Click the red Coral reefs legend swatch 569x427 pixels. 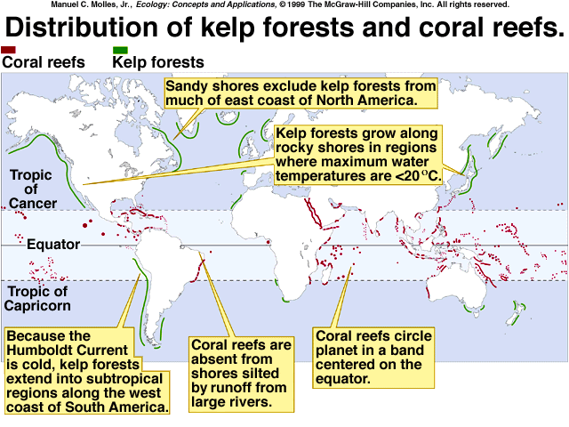(x=8, y=50)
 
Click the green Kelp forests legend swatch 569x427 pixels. (x=120, y=50)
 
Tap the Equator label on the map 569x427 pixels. (x=53, y=245)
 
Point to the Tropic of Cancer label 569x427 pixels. (x=33, y=189)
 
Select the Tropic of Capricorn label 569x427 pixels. (x=37, y=299)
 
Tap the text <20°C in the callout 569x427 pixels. (x=417, y=176)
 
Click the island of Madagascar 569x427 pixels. (x=327, y=273)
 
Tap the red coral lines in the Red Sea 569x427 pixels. (x=313, y=213)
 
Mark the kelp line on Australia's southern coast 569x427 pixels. (x=474, y=310)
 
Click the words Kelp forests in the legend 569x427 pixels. (x=158, y=62)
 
